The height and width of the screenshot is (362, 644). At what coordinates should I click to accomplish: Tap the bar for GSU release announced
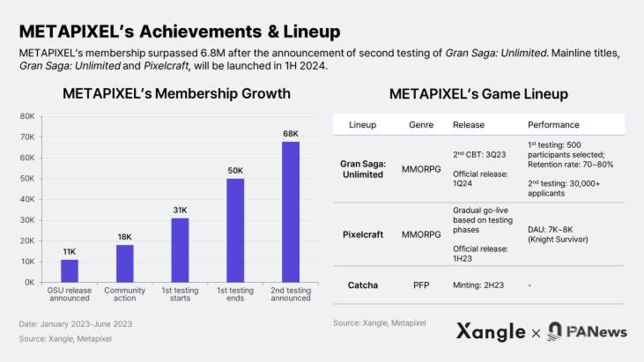pos(70,270)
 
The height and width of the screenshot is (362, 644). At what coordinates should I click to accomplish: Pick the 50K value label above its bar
pos(235,169)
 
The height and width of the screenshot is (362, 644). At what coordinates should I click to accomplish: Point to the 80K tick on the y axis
pos(27,116)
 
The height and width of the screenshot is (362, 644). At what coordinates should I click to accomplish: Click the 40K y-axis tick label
pos(27,199)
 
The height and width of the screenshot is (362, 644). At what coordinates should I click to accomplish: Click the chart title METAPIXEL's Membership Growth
pos(165,93)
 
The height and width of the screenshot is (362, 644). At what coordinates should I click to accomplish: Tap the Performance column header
pos(554,125)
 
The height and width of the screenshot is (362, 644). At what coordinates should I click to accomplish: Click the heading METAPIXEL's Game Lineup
pos(478,93)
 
